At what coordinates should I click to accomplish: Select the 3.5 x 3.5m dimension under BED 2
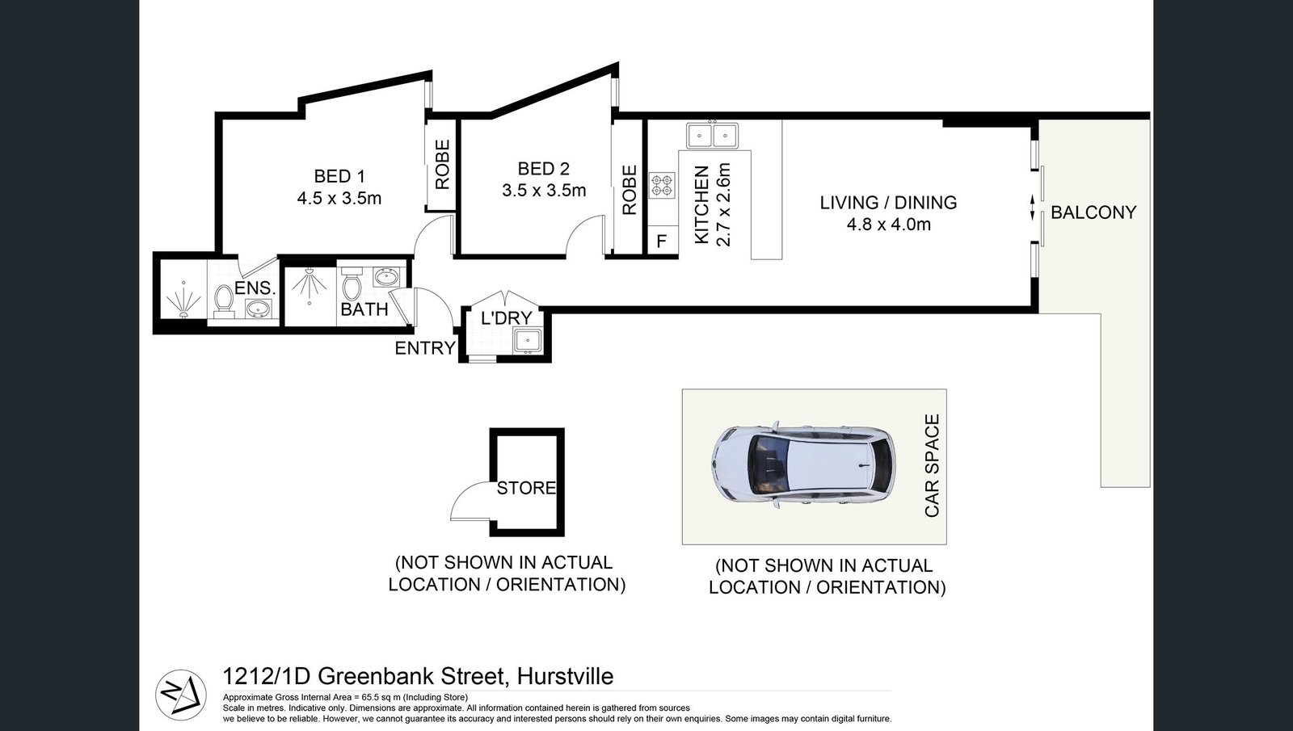tap(544, 191)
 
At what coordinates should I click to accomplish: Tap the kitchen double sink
tap(712, 135)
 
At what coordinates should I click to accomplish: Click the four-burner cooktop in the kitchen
tap(663, 186)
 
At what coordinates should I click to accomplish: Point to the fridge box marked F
tap(662, 242)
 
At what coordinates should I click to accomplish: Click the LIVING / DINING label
tap(888, 203)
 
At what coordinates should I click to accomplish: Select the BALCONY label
tap(1093, 212)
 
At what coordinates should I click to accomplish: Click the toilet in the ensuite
tap(223, 300)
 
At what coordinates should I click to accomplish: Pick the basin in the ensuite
tap(258, 308)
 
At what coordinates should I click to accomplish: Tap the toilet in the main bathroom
tap(352, 286)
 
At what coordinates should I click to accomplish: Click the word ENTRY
tap(425, 348)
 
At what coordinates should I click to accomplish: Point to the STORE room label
tap(526, 488)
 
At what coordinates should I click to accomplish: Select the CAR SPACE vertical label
tap(933, 466)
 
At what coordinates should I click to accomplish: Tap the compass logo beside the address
tap(179, 694)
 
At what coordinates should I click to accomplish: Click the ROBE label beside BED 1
tap(442, 165)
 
